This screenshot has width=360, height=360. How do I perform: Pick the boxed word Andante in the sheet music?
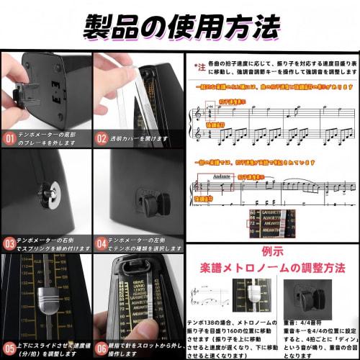click(225, 175)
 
